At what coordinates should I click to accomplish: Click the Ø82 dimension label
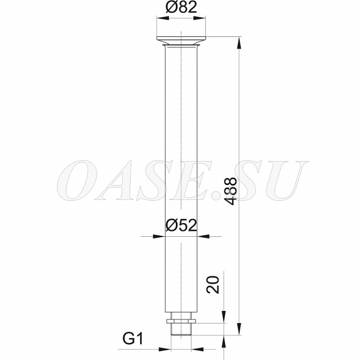click(x=181, y=7)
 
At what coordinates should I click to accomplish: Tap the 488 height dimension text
click(x=230, y=191)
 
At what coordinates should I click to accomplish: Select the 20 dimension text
click(x=213, y=285)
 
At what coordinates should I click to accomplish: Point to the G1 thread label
click(x=133, y=338)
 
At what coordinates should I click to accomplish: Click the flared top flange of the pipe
click(x=181, y=41)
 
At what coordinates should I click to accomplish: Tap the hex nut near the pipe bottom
click(x=181, y=321)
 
